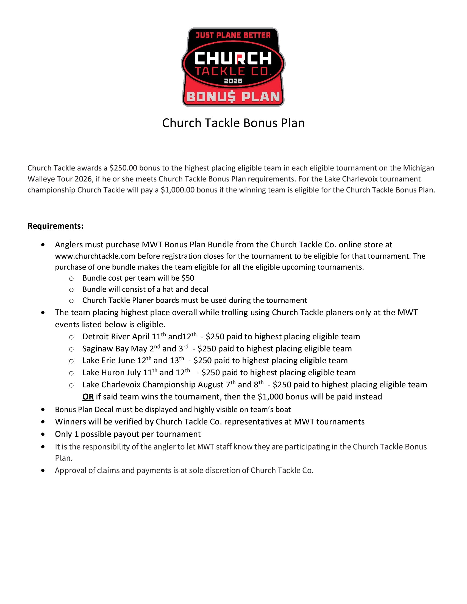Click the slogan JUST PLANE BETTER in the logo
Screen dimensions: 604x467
[233, 35]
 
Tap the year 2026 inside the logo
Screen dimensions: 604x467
[233, 81]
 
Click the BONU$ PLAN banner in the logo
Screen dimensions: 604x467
[233, 97]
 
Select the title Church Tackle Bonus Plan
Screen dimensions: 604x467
[233, 123]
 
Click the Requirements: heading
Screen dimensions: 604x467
[55, 226]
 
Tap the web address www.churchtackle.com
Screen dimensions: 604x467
[95, 256]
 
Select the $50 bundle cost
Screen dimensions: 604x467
[188, 278]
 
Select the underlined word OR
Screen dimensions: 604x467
[88, 397]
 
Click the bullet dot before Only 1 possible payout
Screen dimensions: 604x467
[43, 434]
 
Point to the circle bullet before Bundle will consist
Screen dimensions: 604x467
[71, 290]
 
